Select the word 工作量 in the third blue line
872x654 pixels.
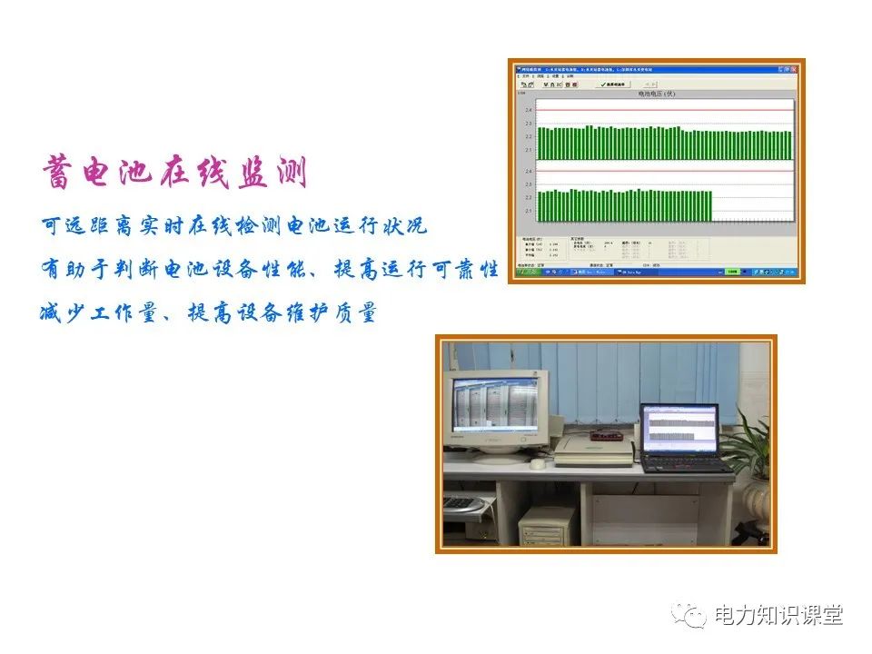pyautogui.click(x=125, y=314)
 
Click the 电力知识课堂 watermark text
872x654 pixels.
pyautogui.click(x=778, y=615)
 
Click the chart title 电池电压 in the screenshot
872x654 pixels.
pyautogui.click(x=657, y=94)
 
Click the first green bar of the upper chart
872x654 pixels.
pyautogui.click(x=540, y=144)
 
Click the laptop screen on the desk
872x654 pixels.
pyautogui.click(x=679, y=430)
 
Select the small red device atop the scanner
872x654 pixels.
pyautogui.click(x=608, y=436)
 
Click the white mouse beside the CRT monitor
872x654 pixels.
pyautogui.click(x=538, y=464)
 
